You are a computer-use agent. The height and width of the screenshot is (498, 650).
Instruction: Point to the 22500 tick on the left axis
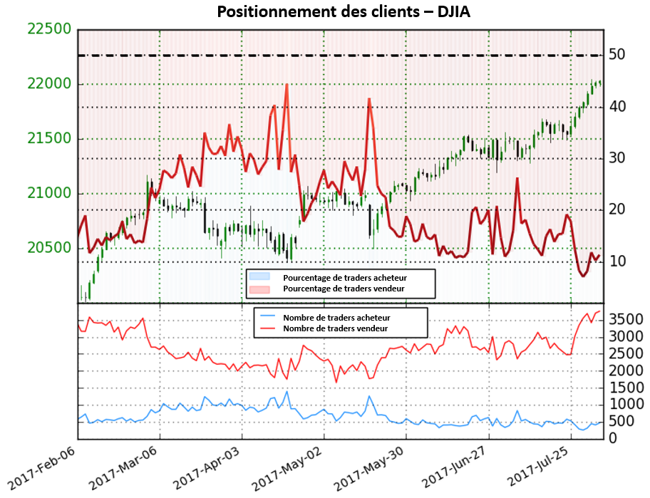click(49, 29)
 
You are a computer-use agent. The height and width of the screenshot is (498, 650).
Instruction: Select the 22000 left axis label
click(49, 84)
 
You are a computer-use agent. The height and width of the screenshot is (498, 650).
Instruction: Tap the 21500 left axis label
click(49, 139)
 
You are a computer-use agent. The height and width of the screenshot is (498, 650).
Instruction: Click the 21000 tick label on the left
click(49, 194)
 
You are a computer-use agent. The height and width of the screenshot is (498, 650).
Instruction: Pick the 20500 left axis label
click(49, 248)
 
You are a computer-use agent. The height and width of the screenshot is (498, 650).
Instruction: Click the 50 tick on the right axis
click(617, 55)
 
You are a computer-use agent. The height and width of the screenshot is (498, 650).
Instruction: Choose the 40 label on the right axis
click(617, 107)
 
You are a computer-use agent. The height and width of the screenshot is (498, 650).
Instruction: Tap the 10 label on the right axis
click(617, 261)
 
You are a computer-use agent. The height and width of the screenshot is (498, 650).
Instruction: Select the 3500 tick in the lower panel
click(626, 318)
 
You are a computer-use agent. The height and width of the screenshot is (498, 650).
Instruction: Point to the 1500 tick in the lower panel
click(626, 387)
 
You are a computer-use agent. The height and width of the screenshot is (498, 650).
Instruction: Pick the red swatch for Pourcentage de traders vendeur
click(259, 289)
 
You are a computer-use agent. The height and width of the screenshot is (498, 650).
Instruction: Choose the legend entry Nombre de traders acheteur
click(336, 318)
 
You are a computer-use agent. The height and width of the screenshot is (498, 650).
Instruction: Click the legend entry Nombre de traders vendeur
click(335, 328)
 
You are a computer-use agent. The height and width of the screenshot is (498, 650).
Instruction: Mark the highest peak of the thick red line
click(287, 85)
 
